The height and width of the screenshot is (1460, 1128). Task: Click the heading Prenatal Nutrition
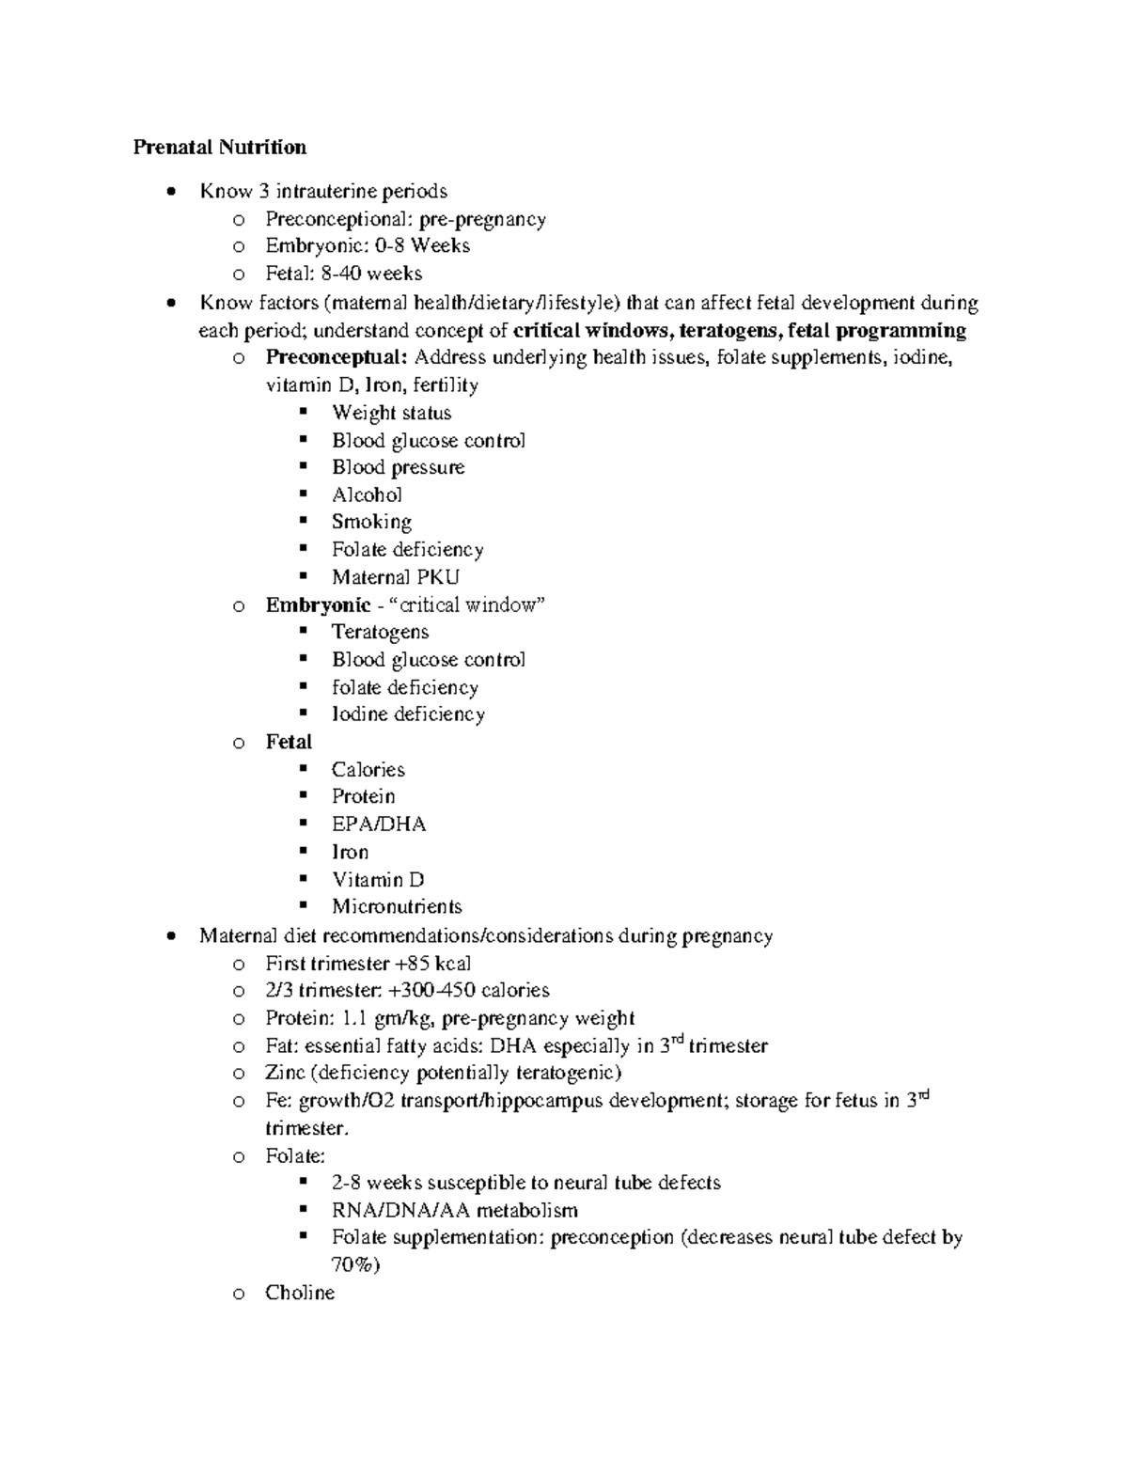[219, 147]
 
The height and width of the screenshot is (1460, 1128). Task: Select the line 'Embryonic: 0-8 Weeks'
[367, 245]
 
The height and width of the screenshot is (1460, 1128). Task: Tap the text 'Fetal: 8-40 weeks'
[343, 274]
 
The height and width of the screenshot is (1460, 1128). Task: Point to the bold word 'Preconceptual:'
[337, 357]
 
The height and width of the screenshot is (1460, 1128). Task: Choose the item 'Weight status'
[391, 413]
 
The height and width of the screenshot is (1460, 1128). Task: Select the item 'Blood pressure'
[398, 467]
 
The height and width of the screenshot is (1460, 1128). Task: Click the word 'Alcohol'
[367, 495]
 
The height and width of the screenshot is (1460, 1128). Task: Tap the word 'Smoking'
[371, 522]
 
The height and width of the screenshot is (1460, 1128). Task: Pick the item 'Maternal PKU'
[395, 577]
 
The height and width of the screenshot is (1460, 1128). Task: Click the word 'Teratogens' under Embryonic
[380, 632]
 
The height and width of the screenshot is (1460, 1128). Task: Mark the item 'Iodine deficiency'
[408, 714]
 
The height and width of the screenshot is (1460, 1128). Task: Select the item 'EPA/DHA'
[379, 824]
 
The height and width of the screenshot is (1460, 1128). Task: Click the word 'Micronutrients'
[397, 907]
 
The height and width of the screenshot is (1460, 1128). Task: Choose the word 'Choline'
[300, 1293]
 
